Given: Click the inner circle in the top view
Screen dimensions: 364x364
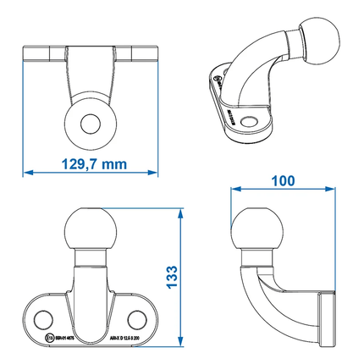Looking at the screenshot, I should (x=90, y=123).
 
